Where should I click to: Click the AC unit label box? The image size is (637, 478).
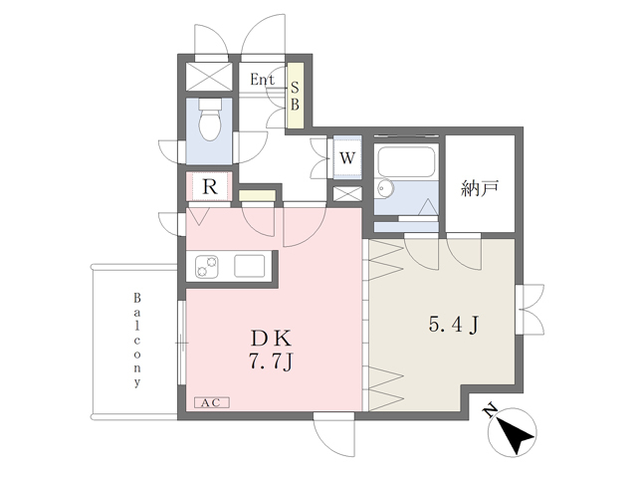pyautogui.click(x=212, y=402)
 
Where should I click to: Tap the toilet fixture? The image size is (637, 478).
pyautogui.click(x=210, y=119)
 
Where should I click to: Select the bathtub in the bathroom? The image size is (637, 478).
pyautogui.click(x=406, y=161)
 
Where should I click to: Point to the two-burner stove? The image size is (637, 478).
pyautogui.click(x=206, y=266)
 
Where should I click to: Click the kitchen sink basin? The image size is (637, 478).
pyautogui.click(x=250, y=266)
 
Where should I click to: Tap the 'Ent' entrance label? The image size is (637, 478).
pyautogui.click(x=262, y=80)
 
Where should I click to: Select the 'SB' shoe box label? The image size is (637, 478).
pyautogui.click(x=295, y=97)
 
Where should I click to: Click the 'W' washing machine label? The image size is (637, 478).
pyautogui.click(x=347, y=158)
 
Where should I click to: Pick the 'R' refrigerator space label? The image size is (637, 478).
pyautogui.click(x=210, y=187)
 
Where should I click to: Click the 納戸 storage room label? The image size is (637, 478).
pyautogui.click(x=480, y=188)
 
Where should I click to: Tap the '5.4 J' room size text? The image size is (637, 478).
pyautogui.click(x=454, y=325)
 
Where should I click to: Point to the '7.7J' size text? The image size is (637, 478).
pyautogui.click(x=271, y=361)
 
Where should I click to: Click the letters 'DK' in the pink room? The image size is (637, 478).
pyautogui.click(x=271, y=338)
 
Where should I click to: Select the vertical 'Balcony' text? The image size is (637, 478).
pyautogui.click(x=137, y=340)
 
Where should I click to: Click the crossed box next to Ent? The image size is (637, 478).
pyautogui.click(x=209, y=77)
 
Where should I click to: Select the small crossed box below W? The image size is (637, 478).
pyautogui.click(x=347, y=194)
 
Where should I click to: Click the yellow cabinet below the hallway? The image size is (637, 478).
pyautogui.click(x=257, y=195)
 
